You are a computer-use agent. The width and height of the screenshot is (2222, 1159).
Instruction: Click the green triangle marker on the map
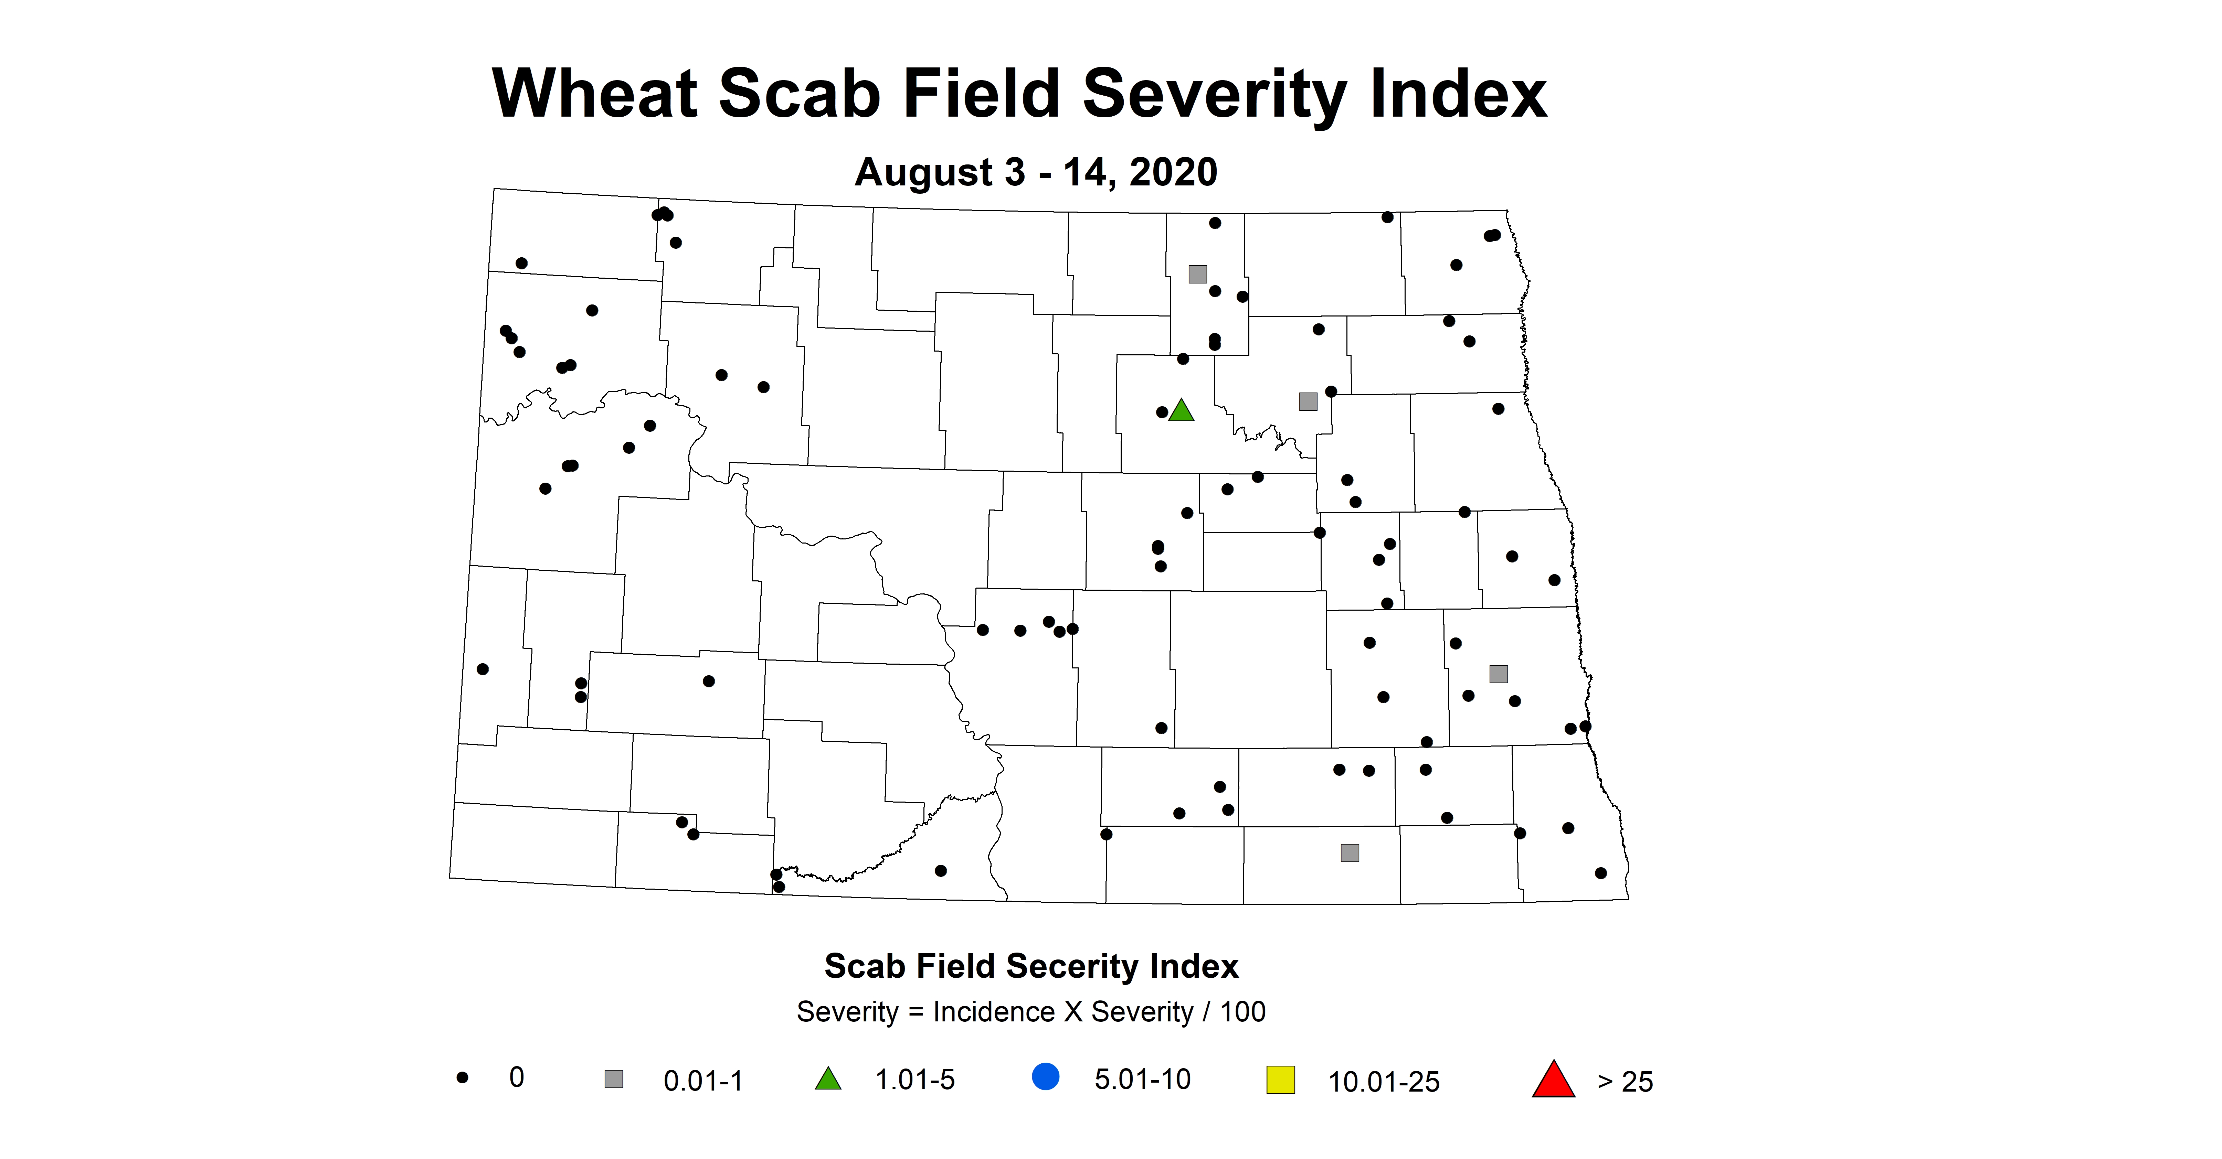click(x=1181, y=411)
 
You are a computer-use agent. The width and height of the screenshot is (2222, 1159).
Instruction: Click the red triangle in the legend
click(x=1554, y=1080)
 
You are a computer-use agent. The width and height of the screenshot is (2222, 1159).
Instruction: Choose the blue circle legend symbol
click(x=1046, y=1077)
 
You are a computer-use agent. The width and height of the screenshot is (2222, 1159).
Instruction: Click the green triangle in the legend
click(x=828, y=1079)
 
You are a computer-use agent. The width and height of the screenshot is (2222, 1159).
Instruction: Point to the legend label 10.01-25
click(x=1384, y=1081)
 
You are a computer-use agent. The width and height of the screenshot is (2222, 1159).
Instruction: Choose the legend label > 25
click(x=1625, y=1081)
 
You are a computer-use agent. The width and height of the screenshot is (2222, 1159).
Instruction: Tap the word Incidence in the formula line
click(x=994, y=1011)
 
